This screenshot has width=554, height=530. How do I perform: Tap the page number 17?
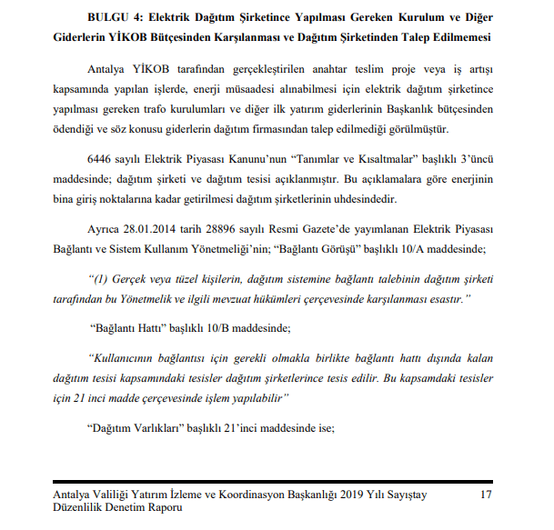point(485,494)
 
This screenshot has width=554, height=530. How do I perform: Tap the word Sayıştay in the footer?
point(402,494)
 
